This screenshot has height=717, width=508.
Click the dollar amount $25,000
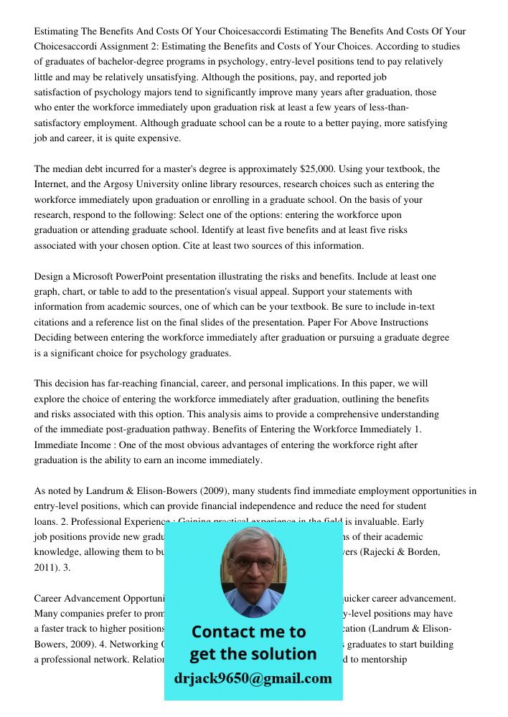[x=316, y=169]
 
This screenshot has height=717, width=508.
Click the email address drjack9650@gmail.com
[x=253, y=678]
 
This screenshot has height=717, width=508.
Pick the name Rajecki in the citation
[x=380, y=552]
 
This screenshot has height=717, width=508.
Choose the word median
[x=70, y=169]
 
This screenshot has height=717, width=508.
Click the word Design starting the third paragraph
[x=50, y=276]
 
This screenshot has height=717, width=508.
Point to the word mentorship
[x=385, y=660]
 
